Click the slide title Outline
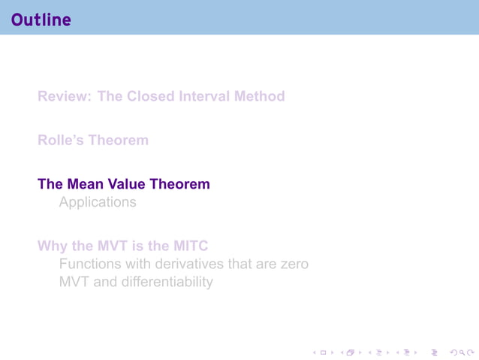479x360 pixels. [41, 20]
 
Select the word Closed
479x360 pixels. [150, 96]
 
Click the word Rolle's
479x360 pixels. [60, 140]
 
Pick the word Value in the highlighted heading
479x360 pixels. [128, 183]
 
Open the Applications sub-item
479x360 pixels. [98, 203]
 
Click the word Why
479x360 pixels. [53, 246]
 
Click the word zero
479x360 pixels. [294, 265]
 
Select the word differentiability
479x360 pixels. [165, 283]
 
